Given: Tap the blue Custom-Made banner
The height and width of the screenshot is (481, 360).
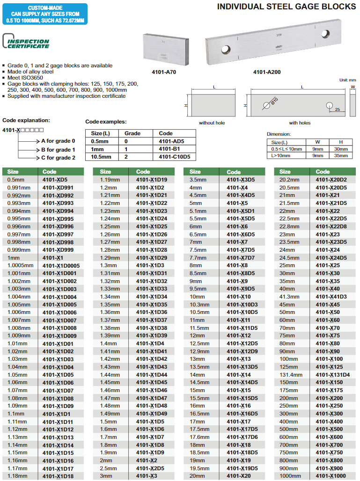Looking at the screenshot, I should [44, 15].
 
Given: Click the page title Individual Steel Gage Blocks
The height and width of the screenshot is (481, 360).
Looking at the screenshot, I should [287, 6].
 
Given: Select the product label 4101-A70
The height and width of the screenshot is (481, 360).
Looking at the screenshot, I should [164, 72].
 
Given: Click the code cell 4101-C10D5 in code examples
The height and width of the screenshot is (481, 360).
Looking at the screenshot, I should [174, 157].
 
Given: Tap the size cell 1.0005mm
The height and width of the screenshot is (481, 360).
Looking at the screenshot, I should [21, 265].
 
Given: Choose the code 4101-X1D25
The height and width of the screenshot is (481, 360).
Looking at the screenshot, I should [152, 226].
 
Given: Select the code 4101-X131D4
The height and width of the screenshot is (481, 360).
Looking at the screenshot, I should [333, 374].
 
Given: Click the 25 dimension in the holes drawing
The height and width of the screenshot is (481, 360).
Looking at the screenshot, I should [337, 109].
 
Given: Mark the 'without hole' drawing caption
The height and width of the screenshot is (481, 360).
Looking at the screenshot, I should [212, 123].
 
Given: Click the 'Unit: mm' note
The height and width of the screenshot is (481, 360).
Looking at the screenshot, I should [348, 80].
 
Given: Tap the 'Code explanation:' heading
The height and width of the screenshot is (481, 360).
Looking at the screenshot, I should [26, 120].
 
